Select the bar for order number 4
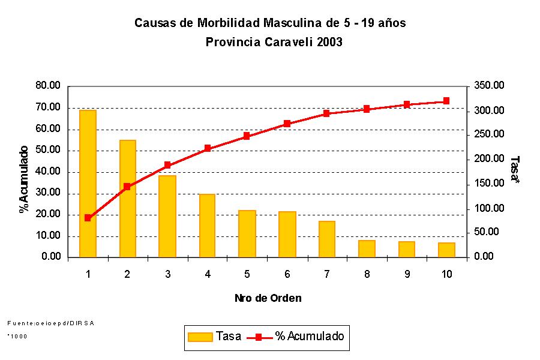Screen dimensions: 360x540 point(207,226)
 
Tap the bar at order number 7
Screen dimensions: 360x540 point(327,239)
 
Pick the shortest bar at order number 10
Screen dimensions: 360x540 point(446,250)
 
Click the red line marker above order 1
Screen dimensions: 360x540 point(88,218)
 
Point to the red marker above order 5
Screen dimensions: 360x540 point(247,136)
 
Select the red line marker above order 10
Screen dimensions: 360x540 point(446,101)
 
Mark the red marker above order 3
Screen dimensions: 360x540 point(167,165)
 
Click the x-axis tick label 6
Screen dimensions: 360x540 point(287,274)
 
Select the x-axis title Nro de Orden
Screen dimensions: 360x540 point(268,298)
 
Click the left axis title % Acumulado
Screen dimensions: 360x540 point(24,179)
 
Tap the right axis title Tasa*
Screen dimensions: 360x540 point(515,170)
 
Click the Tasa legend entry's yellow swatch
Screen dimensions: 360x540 point(200,337)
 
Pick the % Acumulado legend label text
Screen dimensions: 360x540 point(310,337)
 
